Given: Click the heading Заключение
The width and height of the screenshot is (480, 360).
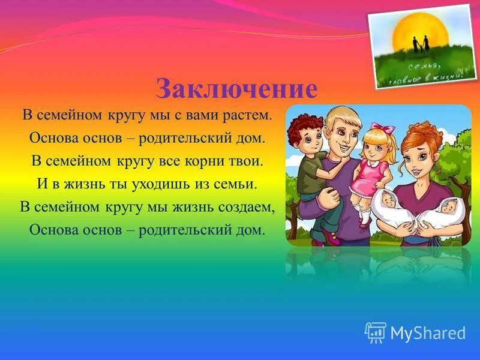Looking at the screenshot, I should pos(236,89).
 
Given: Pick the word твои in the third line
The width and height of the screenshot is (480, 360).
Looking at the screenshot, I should pos(248,161).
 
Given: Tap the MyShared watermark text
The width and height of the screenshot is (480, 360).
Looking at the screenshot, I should pos(428,333).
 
